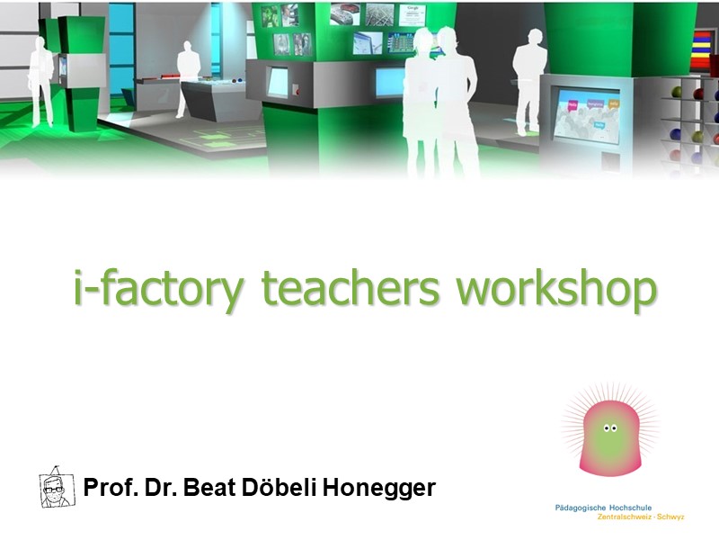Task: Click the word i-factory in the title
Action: [159, 288]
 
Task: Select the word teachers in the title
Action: [351, 287]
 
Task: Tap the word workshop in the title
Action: [556, 288]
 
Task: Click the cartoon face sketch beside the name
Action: [57, 488]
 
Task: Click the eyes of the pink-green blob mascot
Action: [610, 428]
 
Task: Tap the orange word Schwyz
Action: [670, 517]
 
